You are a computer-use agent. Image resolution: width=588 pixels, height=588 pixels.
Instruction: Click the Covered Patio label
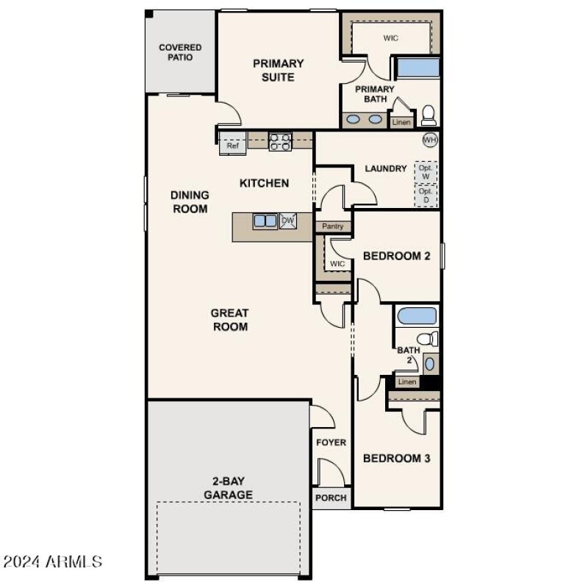[180, 52]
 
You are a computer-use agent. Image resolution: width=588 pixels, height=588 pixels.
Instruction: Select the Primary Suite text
[278, 70]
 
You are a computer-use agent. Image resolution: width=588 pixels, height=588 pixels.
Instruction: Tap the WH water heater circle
[429, 140]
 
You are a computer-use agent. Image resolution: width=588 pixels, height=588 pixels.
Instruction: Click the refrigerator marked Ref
[232, 146]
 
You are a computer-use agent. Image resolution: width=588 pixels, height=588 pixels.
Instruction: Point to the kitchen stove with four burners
[280, 141]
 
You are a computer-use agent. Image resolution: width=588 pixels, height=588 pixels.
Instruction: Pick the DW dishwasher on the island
[288, 220]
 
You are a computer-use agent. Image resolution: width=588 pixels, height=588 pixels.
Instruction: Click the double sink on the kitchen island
[265, 220]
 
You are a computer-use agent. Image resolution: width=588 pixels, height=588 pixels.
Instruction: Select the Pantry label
[332, 226]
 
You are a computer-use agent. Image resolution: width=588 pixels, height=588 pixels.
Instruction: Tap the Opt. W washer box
[426, 172]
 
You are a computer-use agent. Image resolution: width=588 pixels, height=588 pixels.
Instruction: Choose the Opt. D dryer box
[426, 196]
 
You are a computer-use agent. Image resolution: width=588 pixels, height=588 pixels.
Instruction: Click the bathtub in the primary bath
[417, 68]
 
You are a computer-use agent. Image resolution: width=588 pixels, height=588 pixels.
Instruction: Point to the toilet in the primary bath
[428, 115]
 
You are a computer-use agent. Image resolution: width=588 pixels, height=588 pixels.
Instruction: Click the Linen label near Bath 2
[406, 382]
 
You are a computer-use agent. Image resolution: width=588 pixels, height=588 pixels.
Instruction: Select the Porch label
[331, 498]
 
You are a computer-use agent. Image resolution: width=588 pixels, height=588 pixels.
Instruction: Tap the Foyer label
[331, 442]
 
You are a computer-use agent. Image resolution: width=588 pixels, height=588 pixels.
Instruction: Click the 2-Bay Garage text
[228, 488]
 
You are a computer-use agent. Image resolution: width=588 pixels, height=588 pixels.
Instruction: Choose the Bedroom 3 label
[397, 458]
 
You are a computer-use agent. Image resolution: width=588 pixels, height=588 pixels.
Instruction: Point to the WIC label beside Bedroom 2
[337, 264]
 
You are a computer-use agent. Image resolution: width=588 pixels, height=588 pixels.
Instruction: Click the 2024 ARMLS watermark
[53, 562]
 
